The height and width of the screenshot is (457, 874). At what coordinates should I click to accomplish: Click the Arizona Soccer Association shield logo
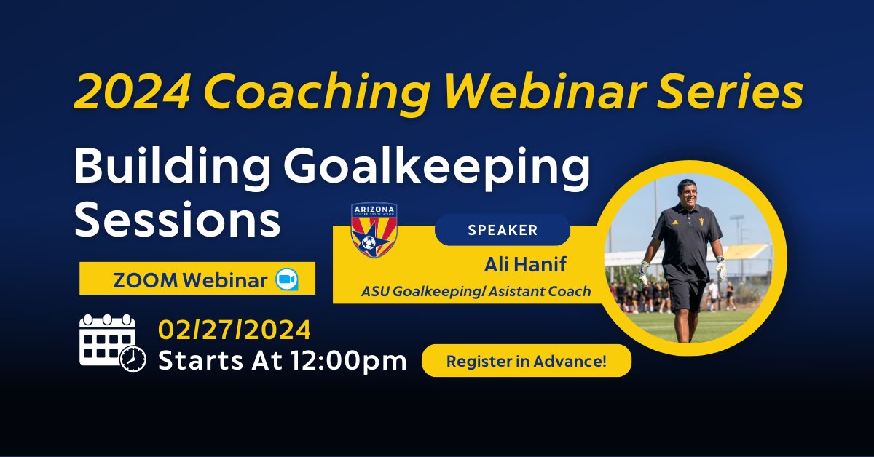tap(374, 230)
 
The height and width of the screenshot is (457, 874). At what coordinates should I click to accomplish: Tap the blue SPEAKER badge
tap(502, 230)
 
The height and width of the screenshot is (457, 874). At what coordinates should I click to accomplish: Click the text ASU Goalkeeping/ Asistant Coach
tap(476, 291)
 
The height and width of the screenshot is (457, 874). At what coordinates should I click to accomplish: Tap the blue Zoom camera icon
tap(287, 279)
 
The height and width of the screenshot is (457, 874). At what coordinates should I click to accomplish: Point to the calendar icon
tap(107, 341)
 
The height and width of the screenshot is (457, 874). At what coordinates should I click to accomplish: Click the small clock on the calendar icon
tap(133, 359)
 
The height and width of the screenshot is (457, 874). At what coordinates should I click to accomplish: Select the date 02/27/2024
tap(234, 330)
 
